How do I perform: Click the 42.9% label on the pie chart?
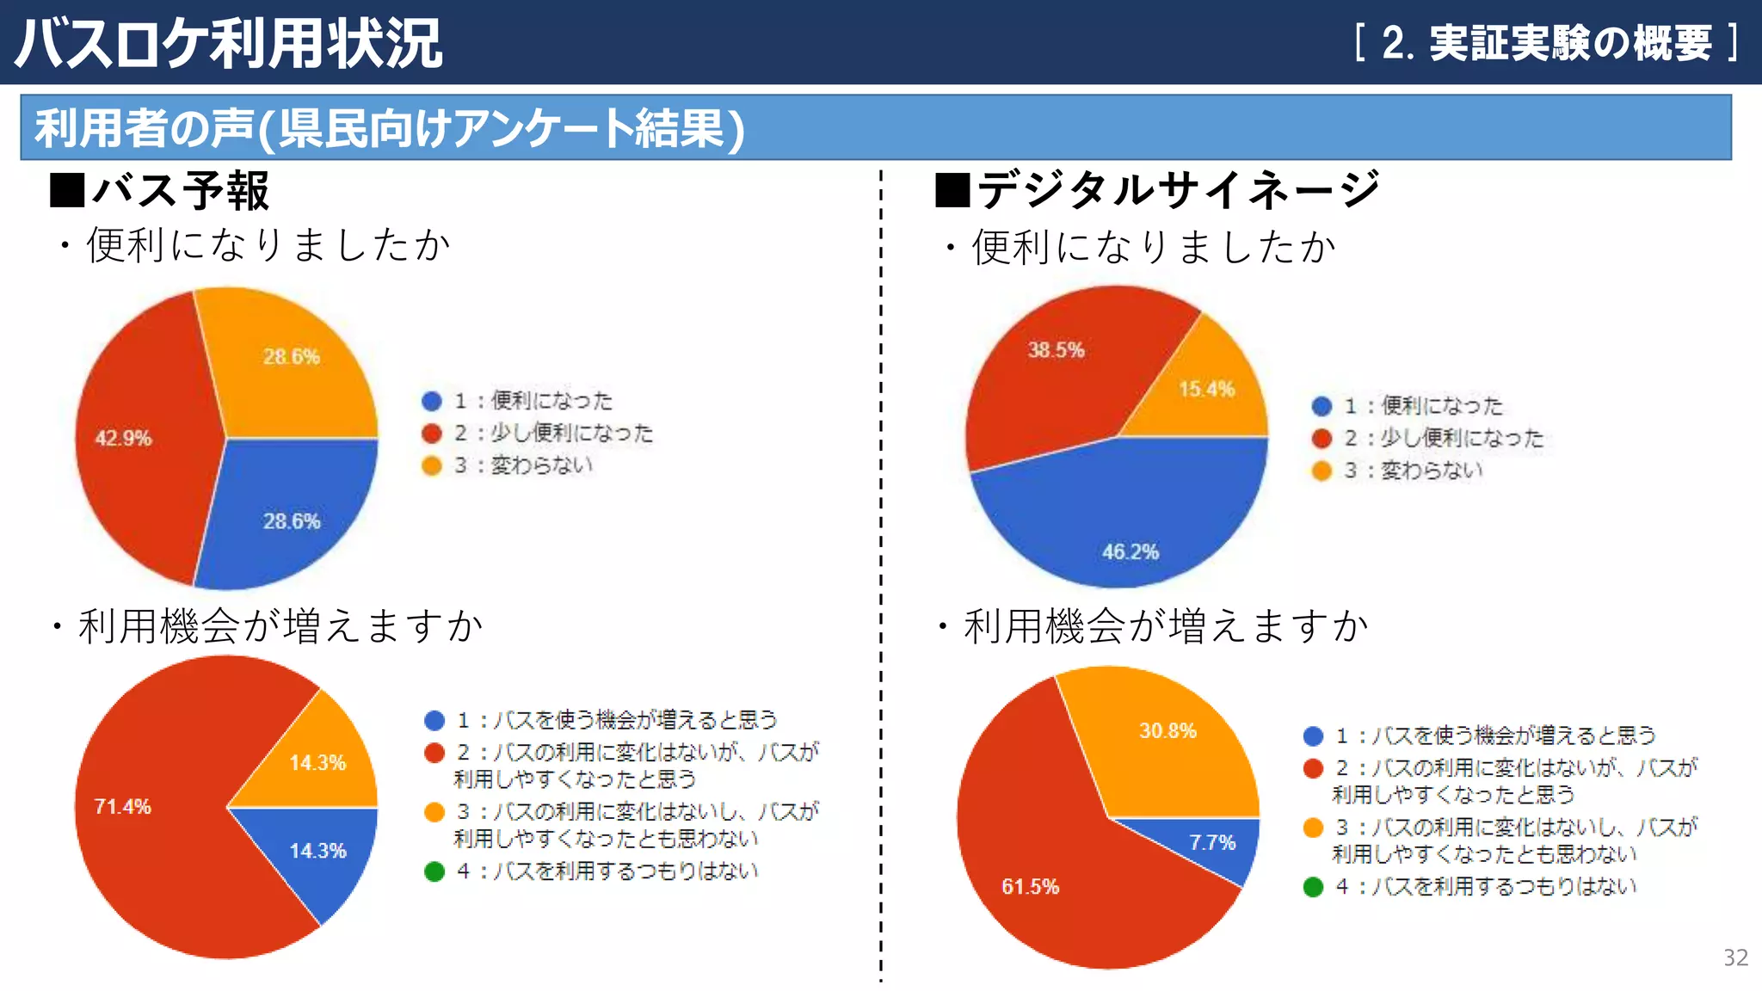coord(123,439)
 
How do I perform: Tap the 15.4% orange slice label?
coord(1206,390)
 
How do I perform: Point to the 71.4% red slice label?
coord(122,807)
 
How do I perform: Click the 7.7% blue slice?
coord(1213,843)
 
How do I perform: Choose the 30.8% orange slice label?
coord(1167,731)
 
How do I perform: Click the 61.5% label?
coord(1030,887)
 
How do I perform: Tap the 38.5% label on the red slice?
coord(1056,350)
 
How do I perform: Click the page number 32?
coord(1735,958)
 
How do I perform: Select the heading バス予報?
coord(181,191)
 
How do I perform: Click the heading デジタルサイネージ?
coord(1178,189)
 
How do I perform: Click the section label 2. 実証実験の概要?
coord(1546,43)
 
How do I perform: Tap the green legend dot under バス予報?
coord(434,871)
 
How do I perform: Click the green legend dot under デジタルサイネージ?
coord(1313,887)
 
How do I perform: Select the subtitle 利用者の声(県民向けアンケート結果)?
coord(389,128)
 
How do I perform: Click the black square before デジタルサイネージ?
coord(952,190)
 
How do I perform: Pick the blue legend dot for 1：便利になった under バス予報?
coord(432,401)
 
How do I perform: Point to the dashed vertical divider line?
coord(881,568)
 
